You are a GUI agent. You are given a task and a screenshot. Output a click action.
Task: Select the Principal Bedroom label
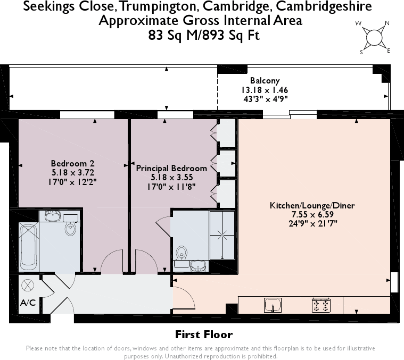click(171, 168)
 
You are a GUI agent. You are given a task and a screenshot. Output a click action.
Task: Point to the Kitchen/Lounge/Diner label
click(312, 205)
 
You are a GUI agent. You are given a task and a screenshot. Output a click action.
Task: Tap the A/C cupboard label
click(28, 303)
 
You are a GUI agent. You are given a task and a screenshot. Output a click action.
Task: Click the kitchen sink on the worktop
click(273, 305)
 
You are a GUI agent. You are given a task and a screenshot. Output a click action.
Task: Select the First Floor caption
click(204, 334)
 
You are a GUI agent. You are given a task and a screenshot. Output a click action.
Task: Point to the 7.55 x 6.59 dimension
click(312, 214)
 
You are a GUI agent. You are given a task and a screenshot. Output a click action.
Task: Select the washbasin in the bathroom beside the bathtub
click(54, 215)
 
